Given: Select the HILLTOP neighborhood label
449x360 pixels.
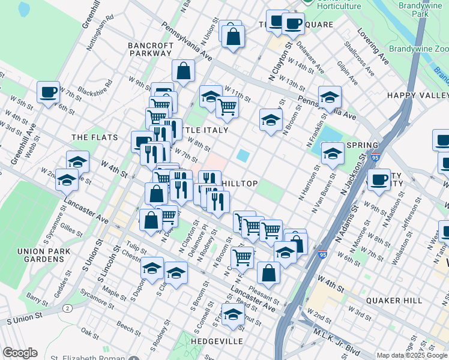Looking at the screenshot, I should coord(240,183).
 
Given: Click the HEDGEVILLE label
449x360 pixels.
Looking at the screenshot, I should coord(217,341).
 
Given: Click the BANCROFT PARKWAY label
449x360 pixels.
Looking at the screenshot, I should coord(150,49).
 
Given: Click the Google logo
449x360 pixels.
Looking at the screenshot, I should coord(20,353).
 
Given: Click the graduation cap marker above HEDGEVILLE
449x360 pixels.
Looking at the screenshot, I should coord(233,314).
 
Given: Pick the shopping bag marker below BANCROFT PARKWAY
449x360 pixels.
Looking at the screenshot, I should coord(184,71).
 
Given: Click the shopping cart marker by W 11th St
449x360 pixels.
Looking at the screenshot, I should coord(227,107).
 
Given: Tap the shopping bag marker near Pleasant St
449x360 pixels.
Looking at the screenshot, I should coord(268,273).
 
